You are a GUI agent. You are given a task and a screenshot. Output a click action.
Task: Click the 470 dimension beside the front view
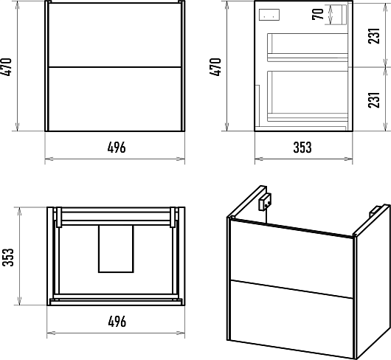(6, 67)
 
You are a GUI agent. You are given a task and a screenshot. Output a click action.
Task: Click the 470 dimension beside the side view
(215, 67)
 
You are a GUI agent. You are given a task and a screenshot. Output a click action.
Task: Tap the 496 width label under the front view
(117, 148)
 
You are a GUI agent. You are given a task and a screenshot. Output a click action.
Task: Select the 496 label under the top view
(117, 322)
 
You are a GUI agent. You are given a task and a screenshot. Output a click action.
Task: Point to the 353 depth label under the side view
(302, 148)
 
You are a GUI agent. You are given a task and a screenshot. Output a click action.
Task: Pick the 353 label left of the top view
(7, 257)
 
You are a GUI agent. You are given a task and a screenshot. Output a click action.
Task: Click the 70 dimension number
(318, 14)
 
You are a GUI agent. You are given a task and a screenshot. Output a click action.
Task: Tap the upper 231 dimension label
(374, 36)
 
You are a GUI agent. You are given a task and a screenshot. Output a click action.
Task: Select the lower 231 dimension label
(374, 100)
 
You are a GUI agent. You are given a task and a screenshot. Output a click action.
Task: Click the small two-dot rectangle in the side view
(269, 15)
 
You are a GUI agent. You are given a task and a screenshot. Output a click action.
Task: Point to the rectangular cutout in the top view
(116, 249)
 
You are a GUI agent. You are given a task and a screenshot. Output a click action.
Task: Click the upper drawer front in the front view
(114, 35)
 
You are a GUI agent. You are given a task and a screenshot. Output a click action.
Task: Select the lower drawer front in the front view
(114, 99)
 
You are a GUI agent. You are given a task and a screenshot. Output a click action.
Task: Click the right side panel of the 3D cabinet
(373, 282)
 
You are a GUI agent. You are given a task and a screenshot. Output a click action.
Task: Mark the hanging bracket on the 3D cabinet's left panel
(265, 202)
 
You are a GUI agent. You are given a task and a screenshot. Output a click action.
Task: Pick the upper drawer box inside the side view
(308, 47)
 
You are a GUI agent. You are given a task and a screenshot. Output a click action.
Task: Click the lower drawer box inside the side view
(308, 96)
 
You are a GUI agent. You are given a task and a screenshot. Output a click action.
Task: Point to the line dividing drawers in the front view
(114, 67)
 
